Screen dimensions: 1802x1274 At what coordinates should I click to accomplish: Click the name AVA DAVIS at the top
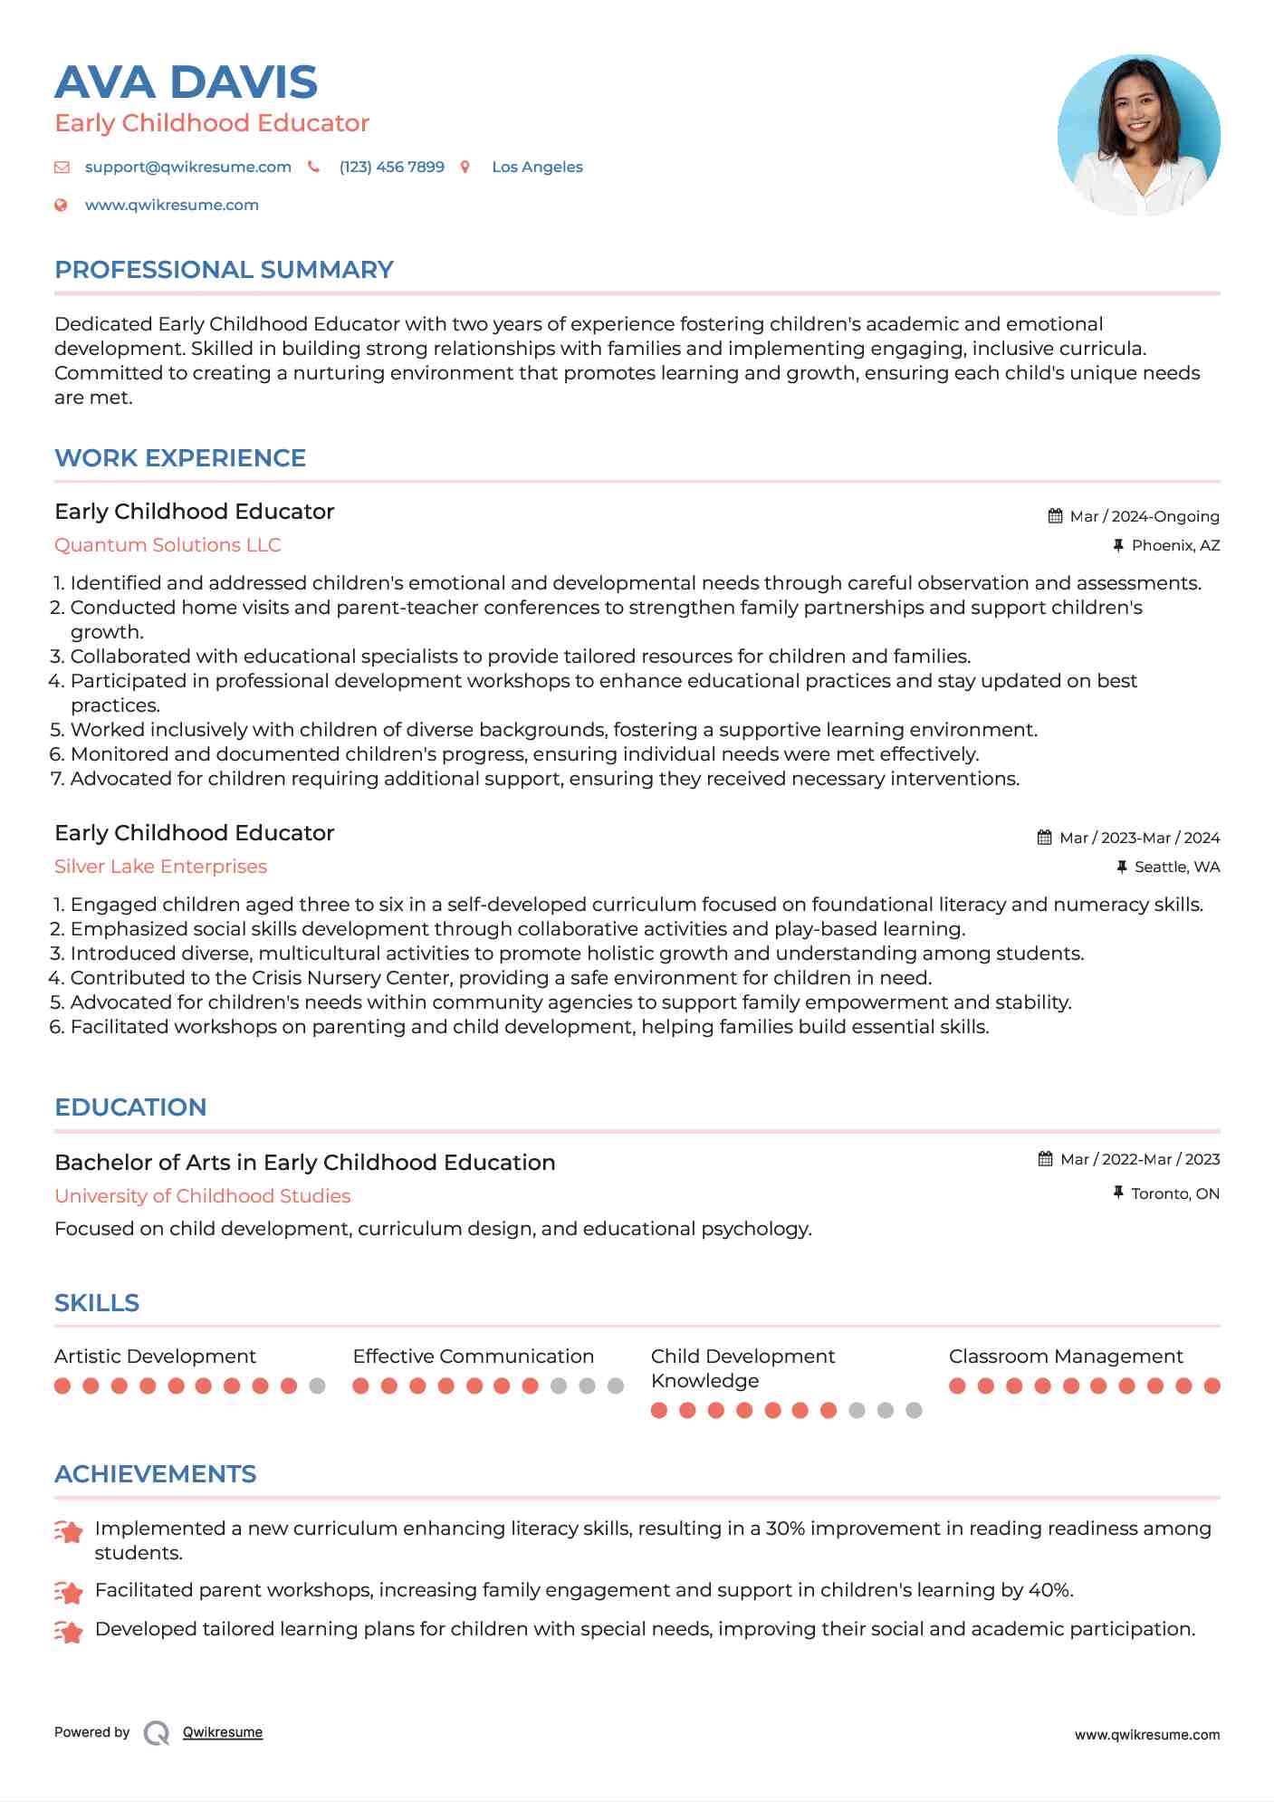[186, 82]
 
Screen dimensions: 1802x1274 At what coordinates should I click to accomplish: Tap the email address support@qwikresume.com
[187, 168]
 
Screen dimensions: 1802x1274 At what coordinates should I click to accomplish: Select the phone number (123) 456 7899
[391, 168]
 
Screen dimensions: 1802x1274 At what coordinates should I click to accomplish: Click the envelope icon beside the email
[62, 168]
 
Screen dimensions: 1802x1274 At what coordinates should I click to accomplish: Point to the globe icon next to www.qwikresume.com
[61, 206]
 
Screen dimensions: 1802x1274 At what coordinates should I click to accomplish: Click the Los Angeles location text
[537, 168]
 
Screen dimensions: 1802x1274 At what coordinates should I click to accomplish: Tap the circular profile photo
[1138, 136]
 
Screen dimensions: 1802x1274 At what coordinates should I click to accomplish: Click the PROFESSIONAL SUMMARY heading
[224, 270]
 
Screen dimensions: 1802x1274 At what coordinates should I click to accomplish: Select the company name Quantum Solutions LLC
[168, 545]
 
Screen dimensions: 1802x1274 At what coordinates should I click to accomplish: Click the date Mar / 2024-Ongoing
[1144, 517]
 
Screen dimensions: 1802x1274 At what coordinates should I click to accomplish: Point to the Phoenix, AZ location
[1175, 546]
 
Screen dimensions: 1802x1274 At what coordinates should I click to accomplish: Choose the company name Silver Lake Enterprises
[160, 867]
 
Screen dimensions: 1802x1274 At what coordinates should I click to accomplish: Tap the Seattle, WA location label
[1176, 867]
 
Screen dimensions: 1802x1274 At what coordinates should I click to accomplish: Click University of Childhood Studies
[202, 1196]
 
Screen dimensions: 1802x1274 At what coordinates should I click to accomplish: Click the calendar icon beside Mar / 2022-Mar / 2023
[1045, 1159]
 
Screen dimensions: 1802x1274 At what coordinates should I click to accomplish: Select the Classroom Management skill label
[1065, 1356]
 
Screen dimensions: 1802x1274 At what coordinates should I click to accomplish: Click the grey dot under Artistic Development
[317, 1385]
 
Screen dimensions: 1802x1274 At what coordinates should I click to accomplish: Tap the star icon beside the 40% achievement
[69, 1591]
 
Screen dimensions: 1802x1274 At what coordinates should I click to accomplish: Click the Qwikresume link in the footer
[222, 1732]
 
